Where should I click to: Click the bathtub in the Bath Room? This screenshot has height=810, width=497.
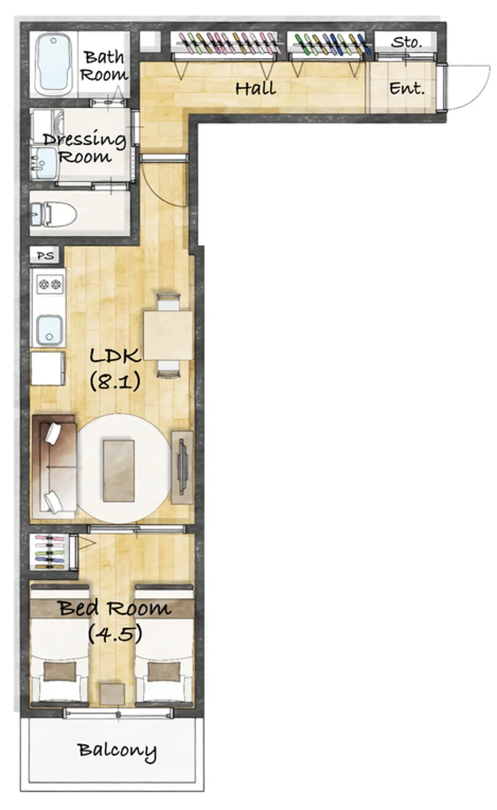click(x=53, y=64)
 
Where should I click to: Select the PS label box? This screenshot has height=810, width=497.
click(x=45, y=255)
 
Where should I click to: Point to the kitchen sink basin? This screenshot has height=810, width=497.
click(x=49, y=329)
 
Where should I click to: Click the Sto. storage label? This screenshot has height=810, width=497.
click(x=406, y=43)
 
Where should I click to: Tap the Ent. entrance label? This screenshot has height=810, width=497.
click(x=407, y=88)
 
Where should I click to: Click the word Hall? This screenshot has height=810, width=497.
click(x=255, y=88)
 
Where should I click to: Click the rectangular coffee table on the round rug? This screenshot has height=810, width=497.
click(x=119, y=470)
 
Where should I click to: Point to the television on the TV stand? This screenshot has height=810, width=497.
click(x=182, y=467)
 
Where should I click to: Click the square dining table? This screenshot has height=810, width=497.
click(x=168, y=335)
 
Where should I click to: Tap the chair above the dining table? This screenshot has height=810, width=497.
click(x=168, y=301)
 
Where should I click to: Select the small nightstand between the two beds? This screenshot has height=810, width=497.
click(x=112, y=694)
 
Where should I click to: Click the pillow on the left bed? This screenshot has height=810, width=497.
click(x=59, y=671)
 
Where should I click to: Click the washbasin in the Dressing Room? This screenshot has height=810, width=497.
click(x=44, y=163)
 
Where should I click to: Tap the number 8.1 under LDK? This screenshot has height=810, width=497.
click(x=115, y=381)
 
